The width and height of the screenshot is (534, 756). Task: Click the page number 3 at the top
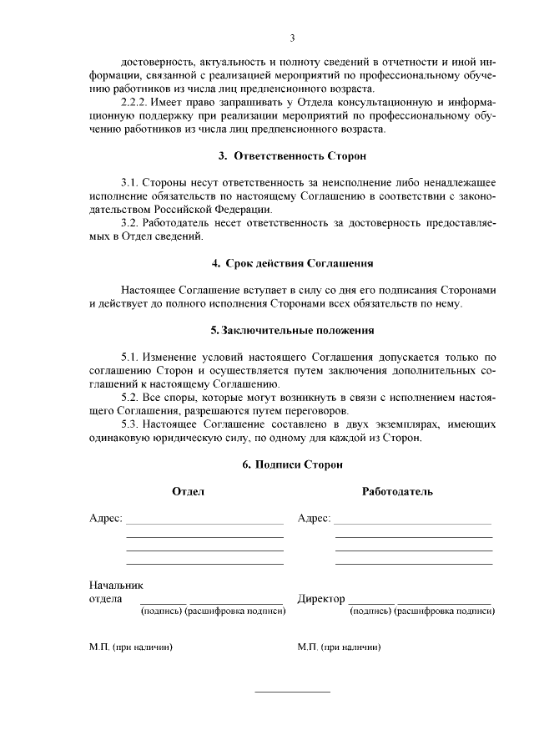(x=293, y=38)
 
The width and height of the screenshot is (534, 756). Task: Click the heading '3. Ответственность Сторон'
(x=292, y=156)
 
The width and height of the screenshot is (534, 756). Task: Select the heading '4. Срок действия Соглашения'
(x=292, y=263)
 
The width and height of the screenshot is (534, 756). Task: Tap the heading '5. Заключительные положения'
(x=292, y=330)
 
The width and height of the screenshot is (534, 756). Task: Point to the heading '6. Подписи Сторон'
(x=292, y=464)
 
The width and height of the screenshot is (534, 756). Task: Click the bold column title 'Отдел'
(x=188, y=492)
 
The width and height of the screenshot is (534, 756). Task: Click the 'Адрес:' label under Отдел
(x=106, y=519)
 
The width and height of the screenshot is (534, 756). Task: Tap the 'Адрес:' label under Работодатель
(x=315, y=519)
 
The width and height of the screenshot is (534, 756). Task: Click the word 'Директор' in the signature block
(x=321, y=599)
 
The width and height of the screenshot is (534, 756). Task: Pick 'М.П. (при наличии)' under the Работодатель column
(x=340, y=646)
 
